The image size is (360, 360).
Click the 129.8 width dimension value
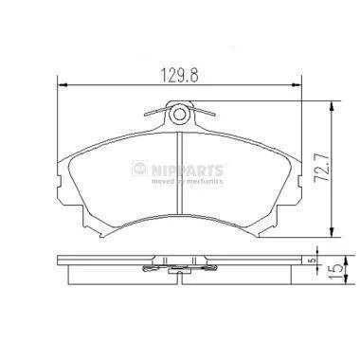click(x=180, y=76)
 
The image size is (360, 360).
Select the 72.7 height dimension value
click(x=319, y=171)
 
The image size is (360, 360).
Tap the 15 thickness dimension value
click(x=335, y=271)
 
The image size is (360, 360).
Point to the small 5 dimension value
click(x=313, y=261)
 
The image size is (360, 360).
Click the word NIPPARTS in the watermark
click(x=188, y=171)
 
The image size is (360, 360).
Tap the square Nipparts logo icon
click(x=140, y=169)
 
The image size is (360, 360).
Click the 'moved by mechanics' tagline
click(x=188, y=181)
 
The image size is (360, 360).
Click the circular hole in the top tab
click(x=179, y=114)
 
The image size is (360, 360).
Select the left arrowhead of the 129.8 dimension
click(x=63, y=84)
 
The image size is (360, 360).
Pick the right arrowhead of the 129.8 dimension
click(x=297, y=84)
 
